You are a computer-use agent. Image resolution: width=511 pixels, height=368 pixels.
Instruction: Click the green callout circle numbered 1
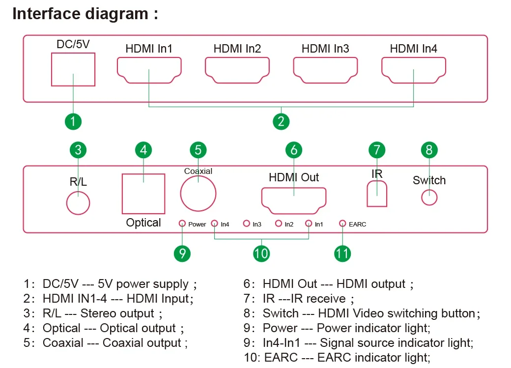pyautogui.click(x=73, y=120)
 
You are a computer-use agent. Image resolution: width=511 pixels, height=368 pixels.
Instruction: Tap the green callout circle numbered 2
pyautogui.click(x=281, y=120)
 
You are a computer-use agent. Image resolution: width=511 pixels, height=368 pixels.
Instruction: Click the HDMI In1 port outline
pyautogui.click(x=149, y=70)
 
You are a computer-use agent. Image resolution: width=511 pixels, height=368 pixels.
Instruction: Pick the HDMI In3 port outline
pyautogui.click(x=325, y=70)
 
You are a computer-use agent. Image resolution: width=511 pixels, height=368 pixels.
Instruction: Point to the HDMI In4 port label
pyautogui.click(x=413, y=49)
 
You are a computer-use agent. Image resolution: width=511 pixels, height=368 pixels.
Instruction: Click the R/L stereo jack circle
pyautogui.click(x=78, y=202)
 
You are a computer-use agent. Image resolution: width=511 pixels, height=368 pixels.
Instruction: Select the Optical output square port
pyautogui.click(x=143, y=193)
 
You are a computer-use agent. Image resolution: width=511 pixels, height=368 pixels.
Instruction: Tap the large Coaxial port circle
pyautogui.click(x=198, y=194)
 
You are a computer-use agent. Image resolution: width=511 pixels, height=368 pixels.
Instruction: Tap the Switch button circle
pyautogui.click(x=429, y=197)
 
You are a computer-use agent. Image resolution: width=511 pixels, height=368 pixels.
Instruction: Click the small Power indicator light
pyautogui.click(x=182, y=224)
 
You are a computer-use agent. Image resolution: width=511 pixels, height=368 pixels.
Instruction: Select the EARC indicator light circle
pyautogui.click(x=342, y=224)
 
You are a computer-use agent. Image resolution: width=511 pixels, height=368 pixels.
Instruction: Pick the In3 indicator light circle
pyautogui.click(x=247, y=224)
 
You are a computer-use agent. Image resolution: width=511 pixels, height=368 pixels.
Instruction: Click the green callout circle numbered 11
pyautogui.click(x=342, y=253)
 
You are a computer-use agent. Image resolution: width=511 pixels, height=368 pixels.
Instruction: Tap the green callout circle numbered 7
pyautogui.click(x=377, y=149)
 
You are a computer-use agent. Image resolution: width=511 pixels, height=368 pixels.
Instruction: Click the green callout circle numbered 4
pyautogui.click(x=143, y=149)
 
